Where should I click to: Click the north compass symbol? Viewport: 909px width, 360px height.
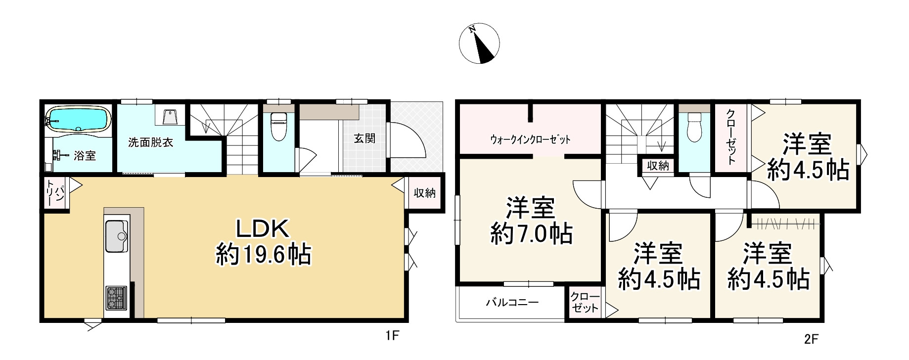click(479, 44)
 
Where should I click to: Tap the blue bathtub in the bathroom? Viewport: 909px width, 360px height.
click(78, 119)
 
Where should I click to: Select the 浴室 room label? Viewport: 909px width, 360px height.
click(85, 155)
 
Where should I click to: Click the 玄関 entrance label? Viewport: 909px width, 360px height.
click(364, 138)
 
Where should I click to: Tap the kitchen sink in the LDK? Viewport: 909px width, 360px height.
click(117, 236)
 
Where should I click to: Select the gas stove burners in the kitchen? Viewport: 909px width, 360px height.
click(116, 298)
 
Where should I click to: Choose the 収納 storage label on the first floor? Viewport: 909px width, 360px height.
click(425, 192)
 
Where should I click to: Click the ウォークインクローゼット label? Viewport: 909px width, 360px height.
click(530, 139)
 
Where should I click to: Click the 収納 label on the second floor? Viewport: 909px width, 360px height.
click(658, 166)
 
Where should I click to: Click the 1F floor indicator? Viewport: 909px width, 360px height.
click(392, 336)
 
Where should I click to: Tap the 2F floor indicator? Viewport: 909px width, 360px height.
click(812, 339)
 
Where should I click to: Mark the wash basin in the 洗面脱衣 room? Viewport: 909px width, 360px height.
click(169, 117)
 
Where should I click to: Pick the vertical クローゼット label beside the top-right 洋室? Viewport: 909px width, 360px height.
click(730, 136)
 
